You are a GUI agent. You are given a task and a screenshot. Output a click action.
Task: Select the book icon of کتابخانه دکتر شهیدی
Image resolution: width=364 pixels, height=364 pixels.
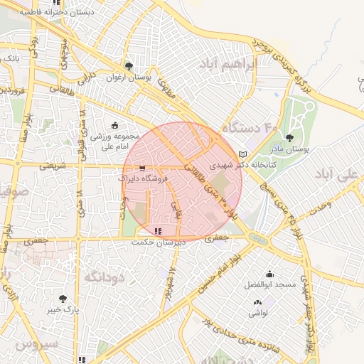point(243,154)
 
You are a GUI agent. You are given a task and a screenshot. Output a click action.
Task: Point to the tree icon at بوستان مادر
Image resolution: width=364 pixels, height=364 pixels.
point(289,138)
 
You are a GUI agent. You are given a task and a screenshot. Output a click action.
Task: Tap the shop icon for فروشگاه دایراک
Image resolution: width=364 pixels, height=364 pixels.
point(143,169)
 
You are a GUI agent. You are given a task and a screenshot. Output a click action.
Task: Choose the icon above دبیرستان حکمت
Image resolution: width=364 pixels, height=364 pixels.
point(157,231)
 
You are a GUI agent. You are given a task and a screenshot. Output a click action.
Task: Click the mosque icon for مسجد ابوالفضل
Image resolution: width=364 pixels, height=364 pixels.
point(269,274)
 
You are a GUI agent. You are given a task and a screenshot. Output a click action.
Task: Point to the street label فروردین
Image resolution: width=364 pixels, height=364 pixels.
point(13,92)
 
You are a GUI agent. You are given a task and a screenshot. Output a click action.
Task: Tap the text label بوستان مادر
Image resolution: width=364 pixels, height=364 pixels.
point(289,150)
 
